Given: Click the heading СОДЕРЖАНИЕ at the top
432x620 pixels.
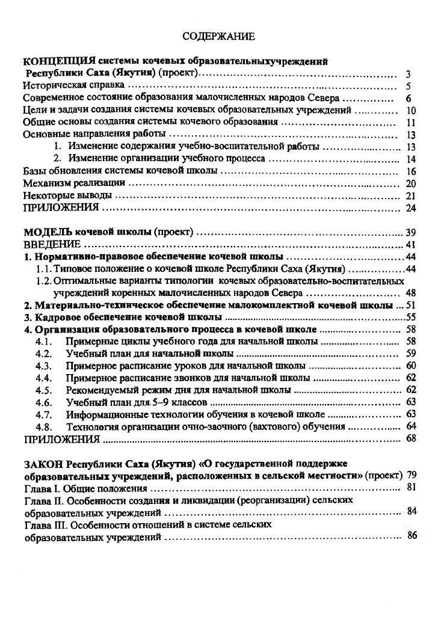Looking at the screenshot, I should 219,37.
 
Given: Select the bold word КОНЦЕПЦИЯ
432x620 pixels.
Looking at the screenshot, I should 59,61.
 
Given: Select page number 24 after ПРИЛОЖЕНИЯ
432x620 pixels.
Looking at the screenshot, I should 411,208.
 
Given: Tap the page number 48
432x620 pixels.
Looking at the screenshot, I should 411,293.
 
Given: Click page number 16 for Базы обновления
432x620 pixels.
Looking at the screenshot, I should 411,171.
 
